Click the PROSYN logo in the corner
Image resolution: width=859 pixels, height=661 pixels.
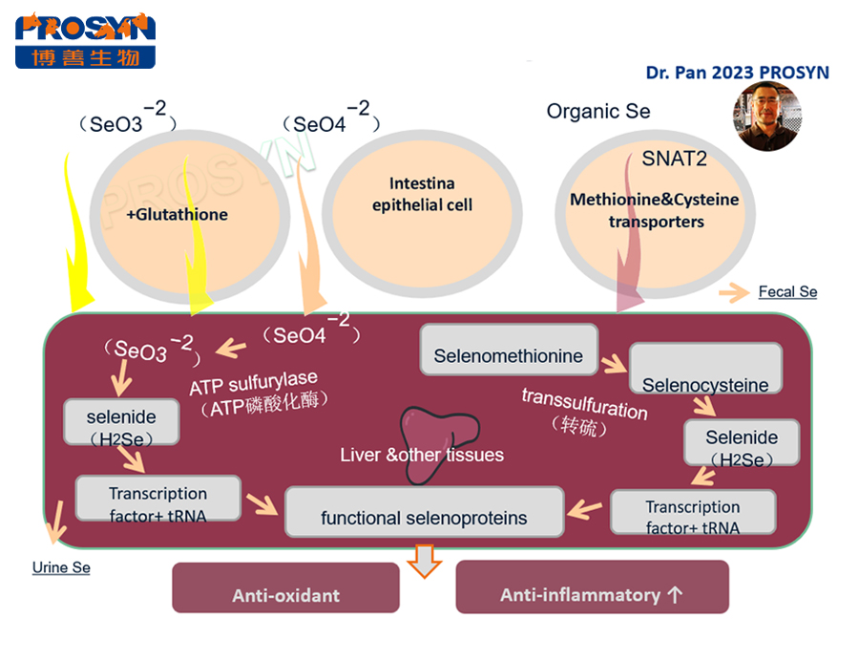pos(85,40)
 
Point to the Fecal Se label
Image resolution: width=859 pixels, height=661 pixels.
pos(787,291)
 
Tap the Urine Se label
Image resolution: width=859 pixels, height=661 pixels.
pos(61,567)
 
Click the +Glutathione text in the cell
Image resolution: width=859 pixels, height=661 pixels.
pos(177,214)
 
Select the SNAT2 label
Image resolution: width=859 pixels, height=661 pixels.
pos(674,159)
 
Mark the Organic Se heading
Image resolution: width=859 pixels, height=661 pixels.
pos(598,111)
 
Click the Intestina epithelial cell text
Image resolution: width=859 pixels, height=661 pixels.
pos(422,194)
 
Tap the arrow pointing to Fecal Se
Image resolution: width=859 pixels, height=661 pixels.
pos(732,293)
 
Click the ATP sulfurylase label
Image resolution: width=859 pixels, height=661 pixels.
pos(253,383)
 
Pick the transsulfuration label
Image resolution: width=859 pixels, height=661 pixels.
pos(584,403)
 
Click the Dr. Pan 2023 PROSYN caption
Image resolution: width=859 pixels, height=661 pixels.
pos(737,73)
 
